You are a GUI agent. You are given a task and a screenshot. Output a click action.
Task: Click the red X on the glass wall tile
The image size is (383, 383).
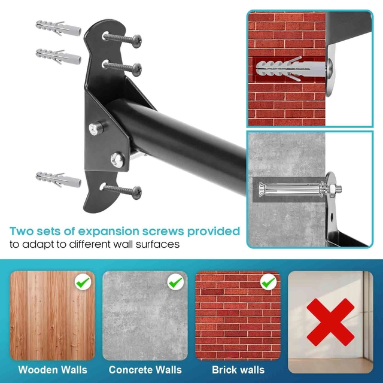[330, 322]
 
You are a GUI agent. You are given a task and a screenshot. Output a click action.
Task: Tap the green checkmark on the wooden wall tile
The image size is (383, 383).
[83, 282]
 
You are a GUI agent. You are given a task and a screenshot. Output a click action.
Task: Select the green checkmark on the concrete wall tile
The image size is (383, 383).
[175, 282]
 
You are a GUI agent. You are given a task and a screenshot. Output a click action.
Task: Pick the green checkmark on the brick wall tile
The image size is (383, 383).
[269, 282]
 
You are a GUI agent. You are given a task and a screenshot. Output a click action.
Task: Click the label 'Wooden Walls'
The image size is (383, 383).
[53, 370]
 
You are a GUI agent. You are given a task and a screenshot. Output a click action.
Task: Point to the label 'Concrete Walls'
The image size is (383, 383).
[145, 370]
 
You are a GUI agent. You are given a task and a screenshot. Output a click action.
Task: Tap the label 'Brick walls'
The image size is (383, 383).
[238, 370]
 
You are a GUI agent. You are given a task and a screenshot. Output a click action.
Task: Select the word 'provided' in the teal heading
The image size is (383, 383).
[214, 232]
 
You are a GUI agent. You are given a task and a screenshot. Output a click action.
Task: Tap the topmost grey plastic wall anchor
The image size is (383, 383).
[59, 28]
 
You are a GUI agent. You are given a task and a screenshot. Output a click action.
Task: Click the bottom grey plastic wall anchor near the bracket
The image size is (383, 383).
[59, 180]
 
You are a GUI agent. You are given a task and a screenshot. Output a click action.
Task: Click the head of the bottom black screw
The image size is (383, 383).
[137, 193]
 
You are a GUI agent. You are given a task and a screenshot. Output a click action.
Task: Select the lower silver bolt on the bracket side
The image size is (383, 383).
[117, 160]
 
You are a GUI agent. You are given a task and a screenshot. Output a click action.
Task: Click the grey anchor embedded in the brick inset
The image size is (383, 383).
[291, 69]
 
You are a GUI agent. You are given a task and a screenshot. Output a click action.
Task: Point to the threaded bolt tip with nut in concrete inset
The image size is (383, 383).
[336, 189]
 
